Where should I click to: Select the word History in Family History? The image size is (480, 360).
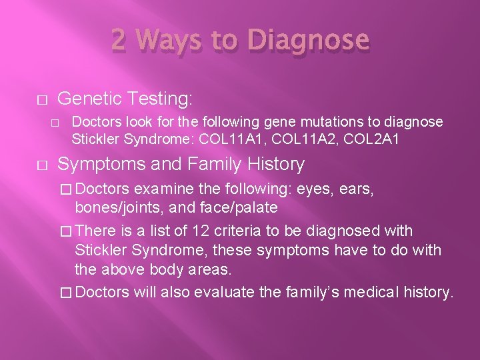[x=272, y=164]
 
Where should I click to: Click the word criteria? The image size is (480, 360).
[x=241, y=231]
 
